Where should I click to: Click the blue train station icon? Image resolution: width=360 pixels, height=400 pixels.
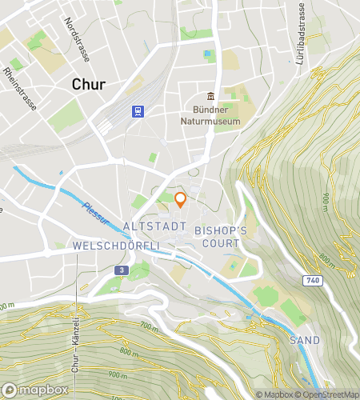(138, 111)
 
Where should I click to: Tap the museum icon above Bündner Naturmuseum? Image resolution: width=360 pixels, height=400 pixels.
(211, 96)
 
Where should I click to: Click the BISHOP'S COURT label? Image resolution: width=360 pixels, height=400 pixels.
(221, 235)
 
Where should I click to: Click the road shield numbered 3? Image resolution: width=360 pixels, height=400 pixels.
(119, 270)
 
